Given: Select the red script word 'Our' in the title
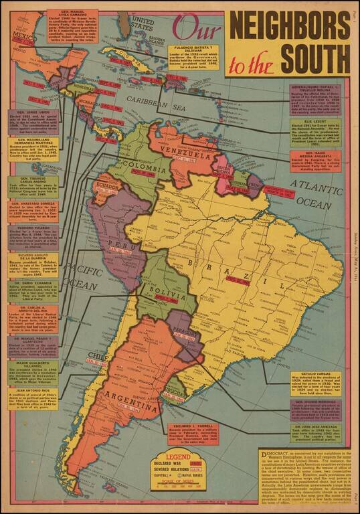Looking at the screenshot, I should [x=195, y=28].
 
